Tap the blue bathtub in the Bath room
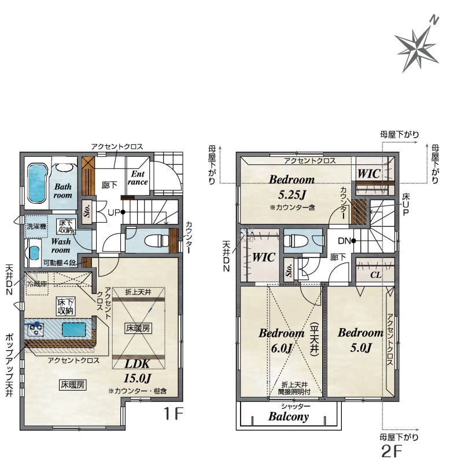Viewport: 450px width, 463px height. click(x=38, y=183)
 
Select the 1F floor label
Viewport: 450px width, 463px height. click(x=174, y=413)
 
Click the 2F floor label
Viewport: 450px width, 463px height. click(x=392, y=451)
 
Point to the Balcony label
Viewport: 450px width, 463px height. click(x=289, y=416)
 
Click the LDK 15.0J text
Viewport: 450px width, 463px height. click(x=138, y=370)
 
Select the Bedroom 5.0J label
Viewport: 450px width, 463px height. click(x=360, y=340)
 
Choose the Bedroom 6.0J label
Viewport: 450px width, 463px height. click(x=282, y=340)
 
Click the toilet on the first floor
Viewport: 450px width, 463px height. click(x=156, y=240)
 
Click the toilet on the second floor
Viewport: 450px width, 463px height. click(x=295, y=240)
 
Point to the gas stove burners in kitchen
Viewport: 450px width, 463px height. click(x=36, y=329)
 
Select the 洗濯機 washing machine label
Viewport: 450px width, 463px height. click(x=36, y=227)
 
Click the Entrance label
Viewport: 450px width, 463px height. click(x=138, y=178)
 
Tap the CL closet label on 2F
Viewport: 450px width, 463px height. click(x=375, y=275)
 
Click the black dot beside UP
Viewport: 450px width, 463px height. click(x=123, y=212)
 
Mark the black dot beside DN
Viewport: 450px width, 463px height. click(x=353, y=241)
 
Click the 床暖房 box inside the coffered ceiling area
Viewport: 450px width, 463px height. click(x=138, y=328)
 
